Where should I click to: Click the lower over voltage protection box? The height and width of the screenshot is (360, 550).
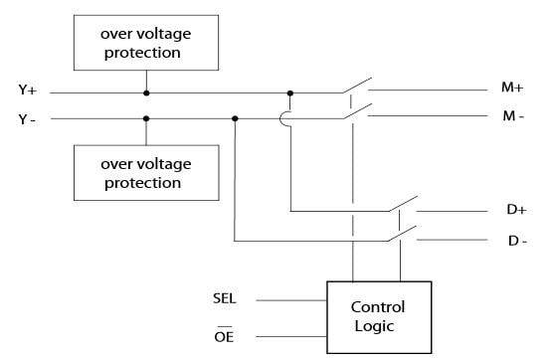click(146, 174)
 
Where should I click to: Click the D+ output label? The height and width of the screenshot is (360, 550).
click(516, 212)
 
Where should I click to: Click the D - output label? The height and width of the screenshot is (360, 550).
click(516, 241)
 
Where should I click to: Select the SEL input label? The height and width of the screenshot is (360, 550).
click(225, 297)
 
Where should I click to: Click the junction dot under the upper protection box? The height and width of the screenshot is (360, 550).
click(146, 93)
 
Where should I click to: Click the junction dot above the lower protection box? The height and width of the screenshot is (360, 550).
click(146, 118)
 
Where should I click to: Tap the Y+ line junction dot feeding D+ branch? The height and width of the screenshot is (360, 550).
click(289, 93)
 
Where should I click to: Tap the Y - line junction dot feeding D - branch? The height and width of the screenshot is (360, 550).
click(235, 118)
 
